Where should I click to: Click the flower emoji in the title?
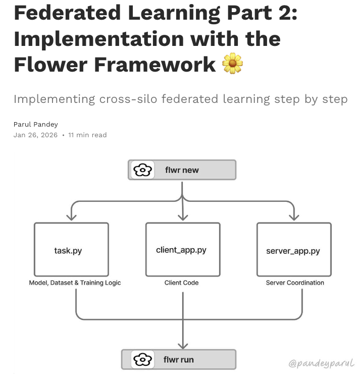click(233, 64)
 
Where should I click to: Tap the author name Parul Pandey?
click(36, 125)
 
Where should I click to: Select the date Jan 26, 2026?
click(35, 135)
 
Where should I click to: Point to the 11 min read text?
click(87, 135)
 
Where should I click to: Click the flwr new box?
click(182, 170)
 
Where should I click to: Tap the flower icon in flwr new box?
click(143, 170)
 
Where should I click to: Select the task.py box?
click(71, 250)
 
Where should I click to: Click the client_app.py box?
click(182, 250)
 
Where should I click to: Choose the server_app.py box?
click(294, 250)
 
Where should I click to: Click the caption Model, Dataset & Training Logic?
click(75, 283)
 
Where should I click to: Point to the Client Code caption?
click(182, 283)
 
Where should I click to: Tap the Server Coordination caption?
click(295, 283)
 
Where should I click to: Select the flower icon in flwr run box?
click(143, 360)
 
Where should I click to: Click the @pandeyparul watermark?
click(321, 363)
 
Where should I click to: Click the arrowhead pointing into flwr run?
click(182, 345)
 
